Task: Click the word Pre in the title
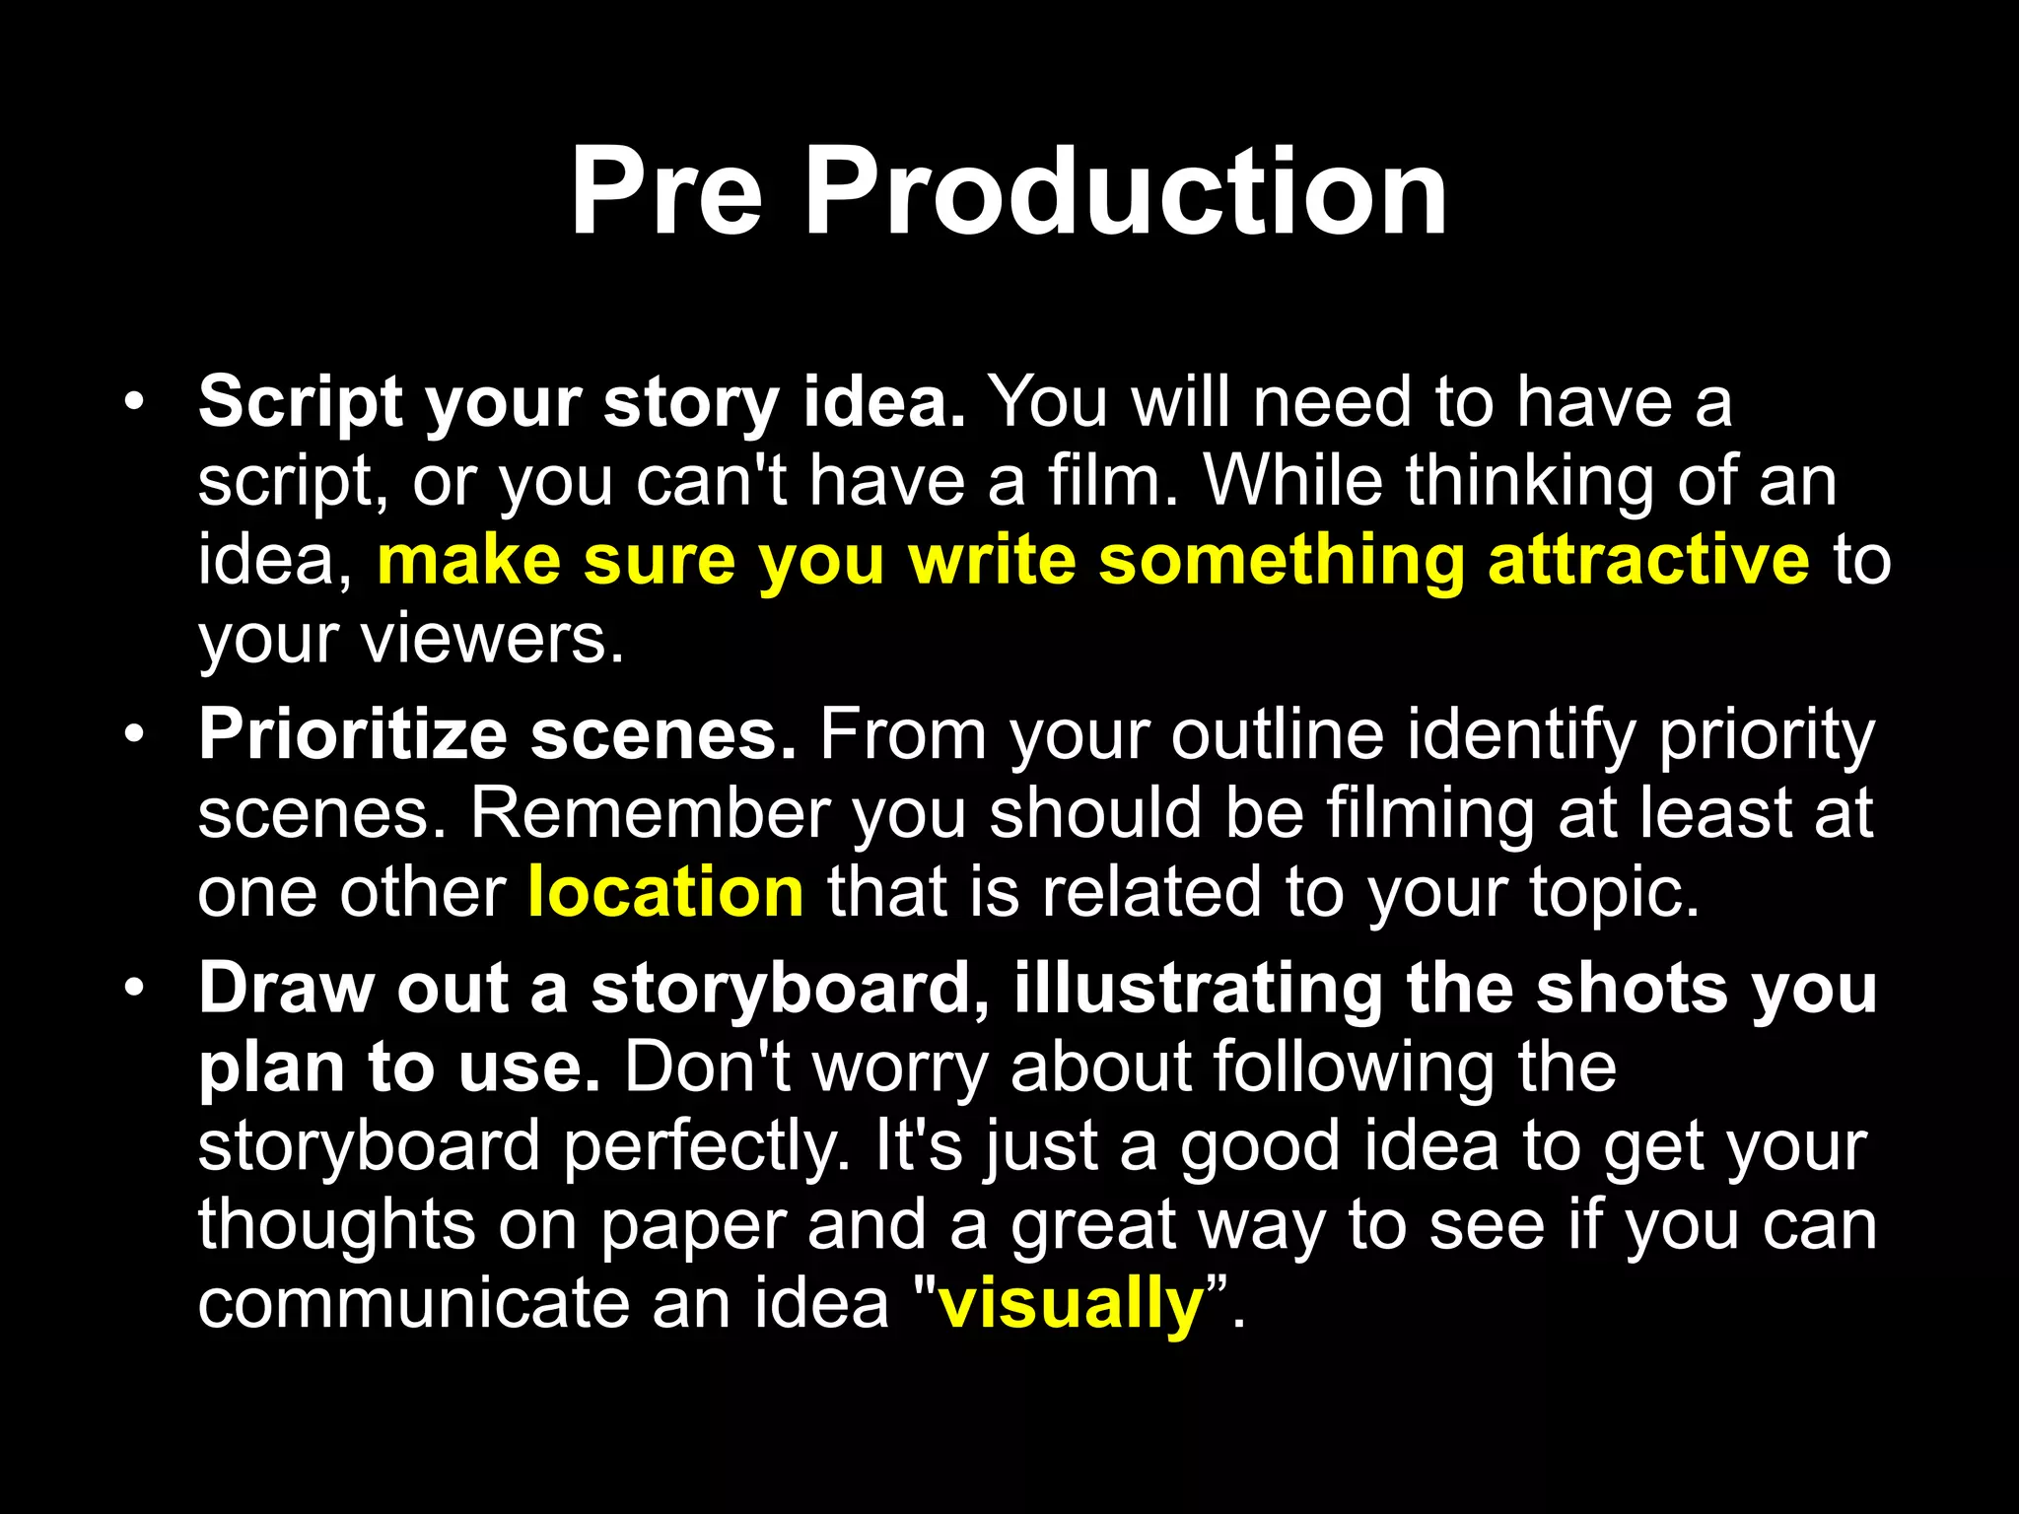coord(666,191)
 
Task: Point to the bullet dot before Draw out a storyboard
coord(134,988)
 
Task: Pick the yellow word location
coord(666,892)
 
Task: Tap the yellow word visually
coord(1071,1303)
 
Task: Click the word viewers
coord(492,639)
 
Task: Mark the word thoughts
coord(336,1225)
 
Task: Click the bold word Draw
coord(285,988)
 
